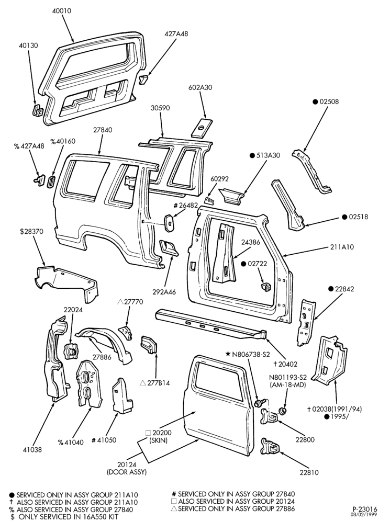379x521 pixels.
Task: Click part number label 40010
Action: coord(61,11)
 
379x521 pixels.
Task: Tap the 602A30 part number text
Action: coord(200,88)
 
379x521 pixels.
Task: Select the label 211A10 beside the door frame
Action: coord(342,247)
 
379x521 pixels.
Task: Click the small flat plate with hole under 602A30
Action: coord(202,127)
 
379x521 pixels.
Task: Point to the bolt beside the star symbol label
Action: coord(259,403)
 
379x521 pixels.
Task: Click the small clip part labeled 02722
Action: coord(265,287)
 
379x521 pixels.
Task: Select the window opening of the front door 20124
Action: coord(218,380)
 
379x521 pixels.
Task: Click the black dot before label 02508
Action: coord(315,102)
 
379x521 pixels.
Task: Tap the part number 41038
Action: coord(32,450)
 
